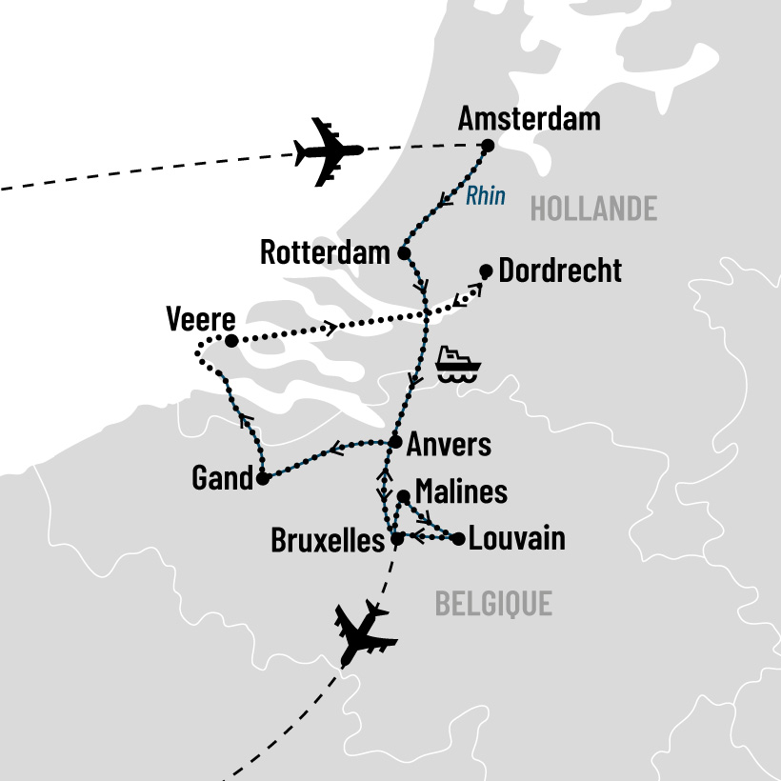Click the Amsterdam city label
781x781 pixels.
tap(529, 118)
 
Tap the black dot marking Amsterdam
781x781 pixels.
tap(488, 146)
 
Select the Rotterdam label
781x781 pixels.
tap(325, 253)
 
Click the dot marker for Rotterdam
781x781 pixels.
tap(404, 253)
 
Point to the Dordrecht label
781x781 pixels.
tap(560, 270)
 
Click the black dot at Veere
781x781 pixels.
tap(230, 340)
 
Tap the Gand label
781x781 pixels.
tap(221, 479)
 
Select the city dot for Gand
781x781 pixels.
tap(262, 479)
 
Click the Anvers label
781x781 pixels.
tap(449, 445)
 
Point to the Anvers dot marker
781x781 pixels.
tap(395, 441)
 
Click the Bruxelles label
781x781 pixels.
tap(329, 540)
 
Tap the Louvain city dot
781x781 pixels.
tap(458, 539)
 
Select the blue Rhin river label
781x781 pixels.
tap(485, 197)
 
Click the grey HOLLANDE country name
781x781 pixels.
tap(593, 209)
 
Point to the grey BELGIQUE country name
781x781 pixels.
tap(493, 603)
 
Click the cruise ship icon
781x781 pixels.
tap(458, 364)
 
